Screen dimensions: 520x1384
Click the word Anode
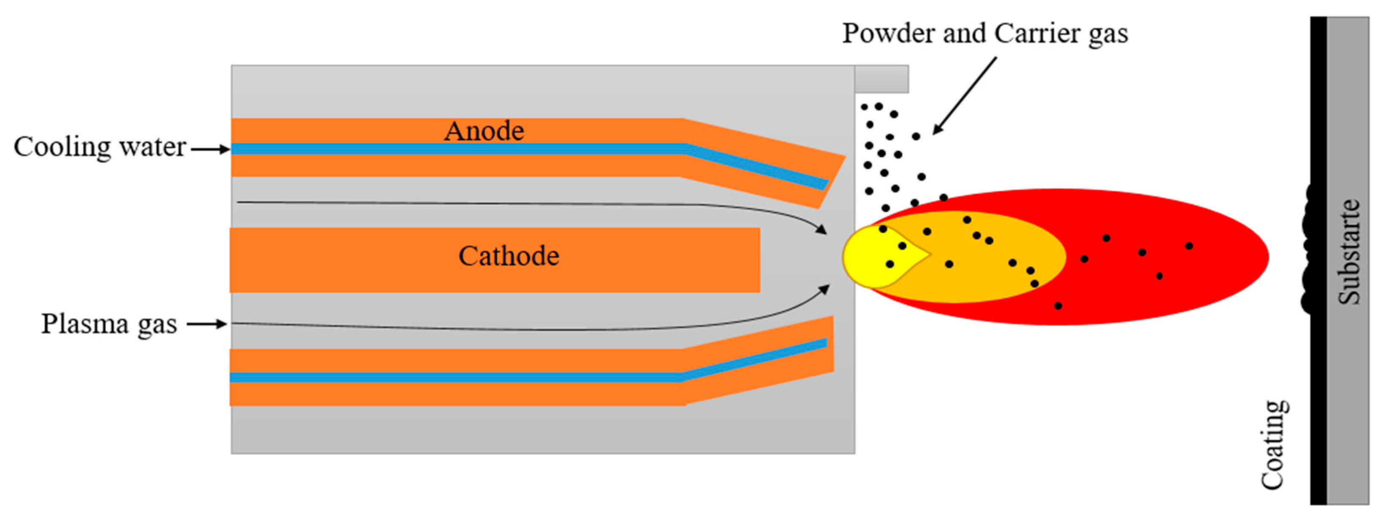[x=484, y=131]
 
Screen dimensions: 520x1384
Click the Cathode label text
[x=508, y=256]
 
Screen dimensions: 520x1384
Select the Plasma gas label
[x=109, y=324]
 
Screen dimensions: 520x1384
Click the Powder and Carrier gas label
[x=985, y=33]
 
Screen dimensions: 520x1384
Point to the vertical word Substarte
[x=1349, y=252]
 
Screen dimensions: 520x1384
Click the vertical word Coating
[x=1274, y=445]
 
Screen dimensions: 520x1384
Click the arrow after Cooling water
[x=211, y=150]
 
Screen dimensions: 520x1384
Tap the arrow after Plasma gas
[x=207, y=324]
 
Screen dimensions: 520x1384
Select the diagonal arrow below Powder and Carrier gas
[x=964, y=96]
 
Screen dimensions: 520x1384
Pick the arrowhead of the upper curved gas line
[x=821, y=229]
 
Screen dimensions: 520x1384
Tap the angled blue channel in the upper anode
[x=758, y=167]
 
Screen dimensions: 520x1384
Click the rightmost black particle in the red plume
[x=1189, y=246]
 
